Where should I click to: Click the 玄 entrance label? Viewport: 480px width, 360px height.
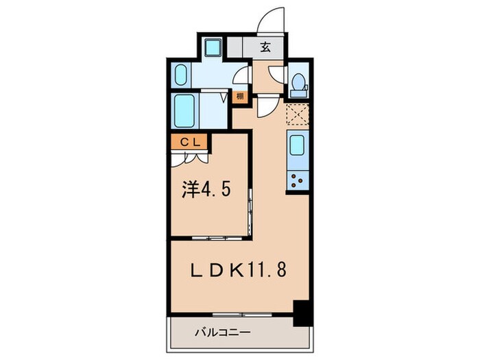point(265,48)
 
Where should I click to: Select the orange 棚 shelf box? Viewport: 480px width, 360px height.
point(239,97)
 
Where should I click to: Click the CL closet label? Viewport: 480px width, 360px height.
point(190,142)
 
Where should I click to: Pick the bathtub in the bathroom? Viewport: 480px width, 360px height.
point(187,110)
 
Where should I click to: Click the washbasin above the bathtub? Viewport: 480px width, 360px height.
point(182,73)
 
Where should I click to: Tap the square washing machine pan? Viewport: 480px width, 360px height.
point(213,48)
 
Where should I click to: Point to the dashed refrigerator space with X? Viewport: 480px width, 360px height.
point(298,112)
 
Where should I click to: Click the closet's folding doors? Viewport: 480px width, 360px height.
point(190,158)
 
